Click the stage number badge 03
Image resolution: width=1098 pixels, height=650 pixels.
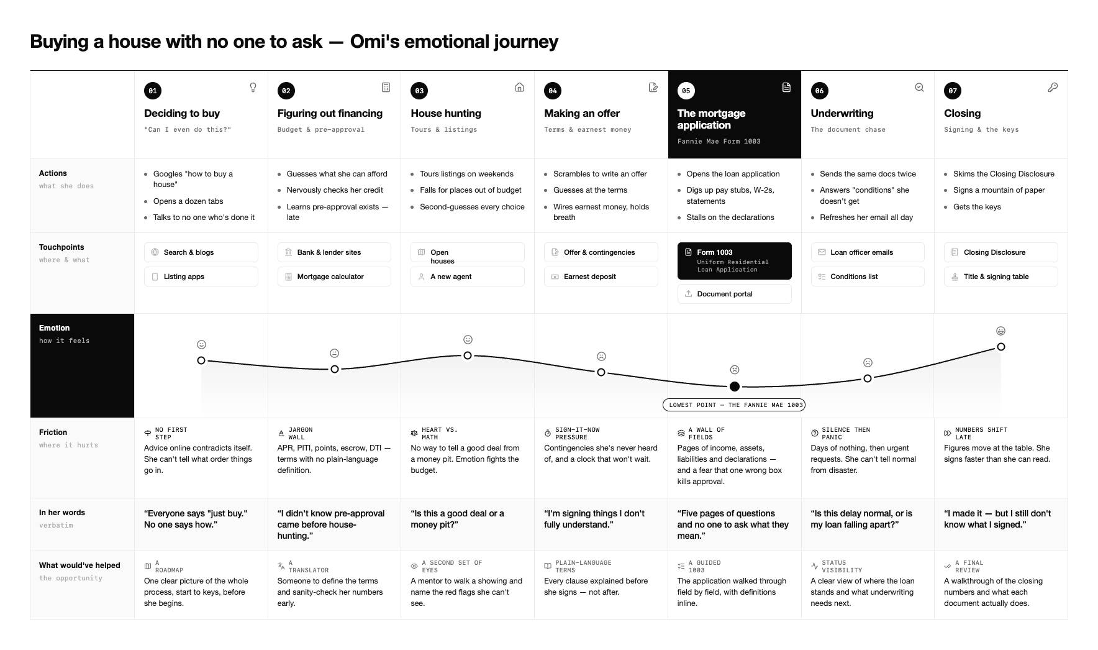[419, 91]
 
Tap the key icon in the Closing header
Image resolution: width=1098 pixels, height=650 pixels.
[1053, 88]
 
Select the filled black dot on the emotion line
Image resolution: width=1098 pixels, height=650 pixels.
[735, 387]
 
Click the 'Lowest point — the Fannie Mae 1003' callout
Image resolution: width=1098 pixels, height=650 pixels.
[734, 405]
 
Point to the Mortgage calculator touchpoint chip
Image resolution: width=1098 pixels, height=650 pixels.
[334, 277]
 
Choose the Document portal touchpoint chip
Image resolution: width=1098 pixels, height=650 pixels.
[734, 294]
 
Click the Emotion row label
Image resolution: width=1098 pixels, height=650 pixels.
[55, 328]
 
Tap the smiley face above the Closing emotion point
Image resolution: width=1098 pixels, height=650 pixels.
[1000, 331]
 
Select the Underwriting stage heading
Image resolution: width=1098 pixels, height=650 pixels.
[842, 113]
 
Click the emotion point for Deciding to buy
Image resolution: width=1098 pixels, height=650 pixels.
[201, 360]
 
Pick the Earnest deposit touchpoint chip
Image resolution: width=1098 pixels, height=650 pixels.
[601, 277]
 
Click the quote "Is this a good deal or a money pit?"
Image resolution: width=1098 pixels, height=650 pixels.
[457, 519]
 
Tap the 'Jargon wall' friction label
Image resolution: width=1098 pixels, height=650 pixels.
[301, 433]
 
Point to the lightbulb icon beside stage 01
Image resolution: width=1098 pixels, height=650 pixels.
[253, 88]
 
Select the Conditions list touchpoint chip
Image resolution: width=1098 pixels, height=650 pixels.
[868, 277]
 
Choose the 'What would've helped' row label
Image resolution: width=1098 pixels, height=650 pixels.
[79, 565]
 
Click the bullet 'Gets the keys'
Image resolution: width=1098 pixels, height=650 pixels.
[977, 207]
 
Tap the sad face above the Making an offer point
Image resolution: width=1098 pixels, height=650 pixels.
[601, 356]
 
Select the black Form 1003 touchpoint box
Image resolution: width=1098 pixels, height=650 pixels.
[734, 261]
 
